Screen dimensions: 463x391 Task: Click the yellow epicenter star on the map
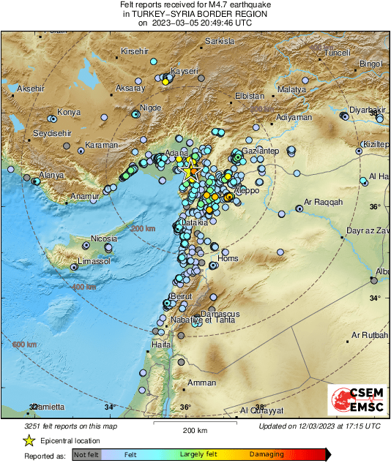tap(190, 170)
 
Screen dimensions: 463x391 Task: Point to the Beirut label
tap(180, 296)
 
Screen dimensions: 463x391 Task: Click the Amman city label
tap(201, 383)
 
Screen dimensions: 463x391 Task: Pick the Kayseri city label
tap(185, 71)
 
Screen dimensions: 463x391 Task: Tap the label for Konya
tap(69, 112)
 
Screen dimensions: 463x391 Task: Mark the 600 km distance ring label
tap(24, 344)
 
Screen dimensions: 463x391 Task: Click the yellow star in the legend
tap(29, 440)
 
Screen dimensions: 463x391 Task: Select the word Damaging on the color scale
tap(267, 454)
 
